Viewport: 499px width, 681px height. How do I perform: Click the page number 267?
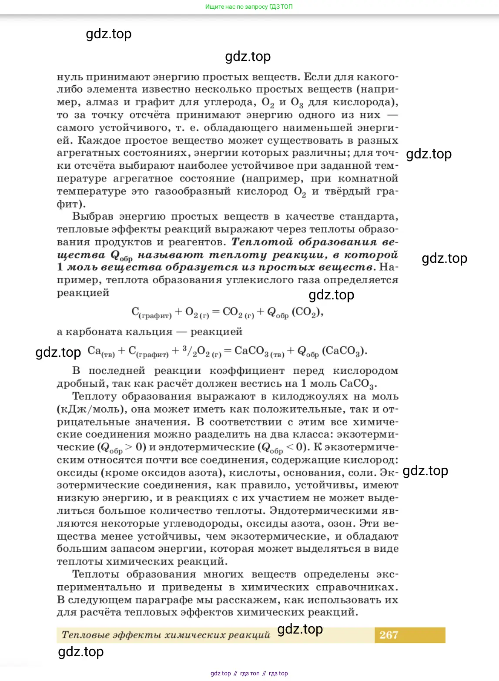point(388,635)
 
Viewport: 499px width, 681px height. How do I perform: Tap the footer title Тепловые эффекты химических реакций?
point(166,635)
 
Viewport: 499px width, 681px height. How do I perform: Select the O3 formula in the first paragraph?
point(297,103)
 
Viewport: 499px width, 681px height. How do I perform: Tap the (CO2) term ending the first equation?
point(307,312)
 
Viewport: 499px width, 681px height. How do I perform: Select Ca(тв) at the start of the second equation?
point(101,351)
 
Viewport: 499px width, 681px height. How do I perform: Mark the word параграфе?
point(201,600)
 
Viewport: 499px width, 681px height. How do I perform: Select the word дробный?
point(82,384)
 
